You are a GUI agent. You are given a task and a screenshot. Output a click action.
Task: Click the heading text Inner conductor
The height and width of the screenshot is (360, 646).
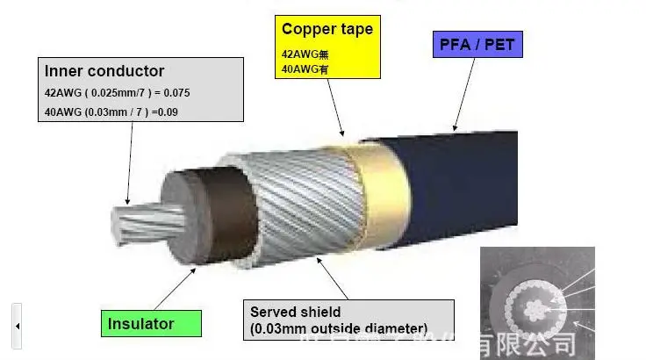point(104,71)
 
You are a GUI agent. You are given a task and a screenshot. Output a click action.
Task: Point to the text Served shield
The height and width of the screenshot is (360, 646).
point(295,312)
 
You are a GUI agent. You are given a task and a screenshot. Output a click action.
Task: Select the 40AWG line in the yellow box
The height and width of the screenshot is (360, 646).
point(299,68)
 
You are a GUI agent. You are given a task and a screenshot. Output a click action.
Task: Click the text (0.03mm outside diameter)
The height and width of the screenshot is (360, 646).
point(338,328)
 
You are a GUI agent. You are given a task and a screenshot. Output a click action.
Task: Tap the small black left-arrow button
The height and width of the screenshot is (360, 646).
point(17,326)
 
